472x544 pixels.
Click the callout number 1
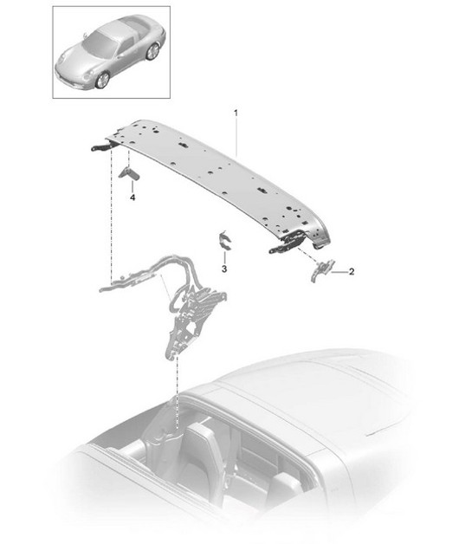coord(236,113)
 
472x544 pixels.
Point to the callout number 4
coord(133,198)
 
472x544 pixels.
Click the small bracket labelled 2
coord(320,269)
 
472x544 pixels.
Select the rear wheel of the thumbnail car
coord(152,53)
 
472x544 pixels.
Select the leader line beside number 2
coord(338,273)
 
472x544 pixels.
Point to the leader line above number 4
coord(133,186)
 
